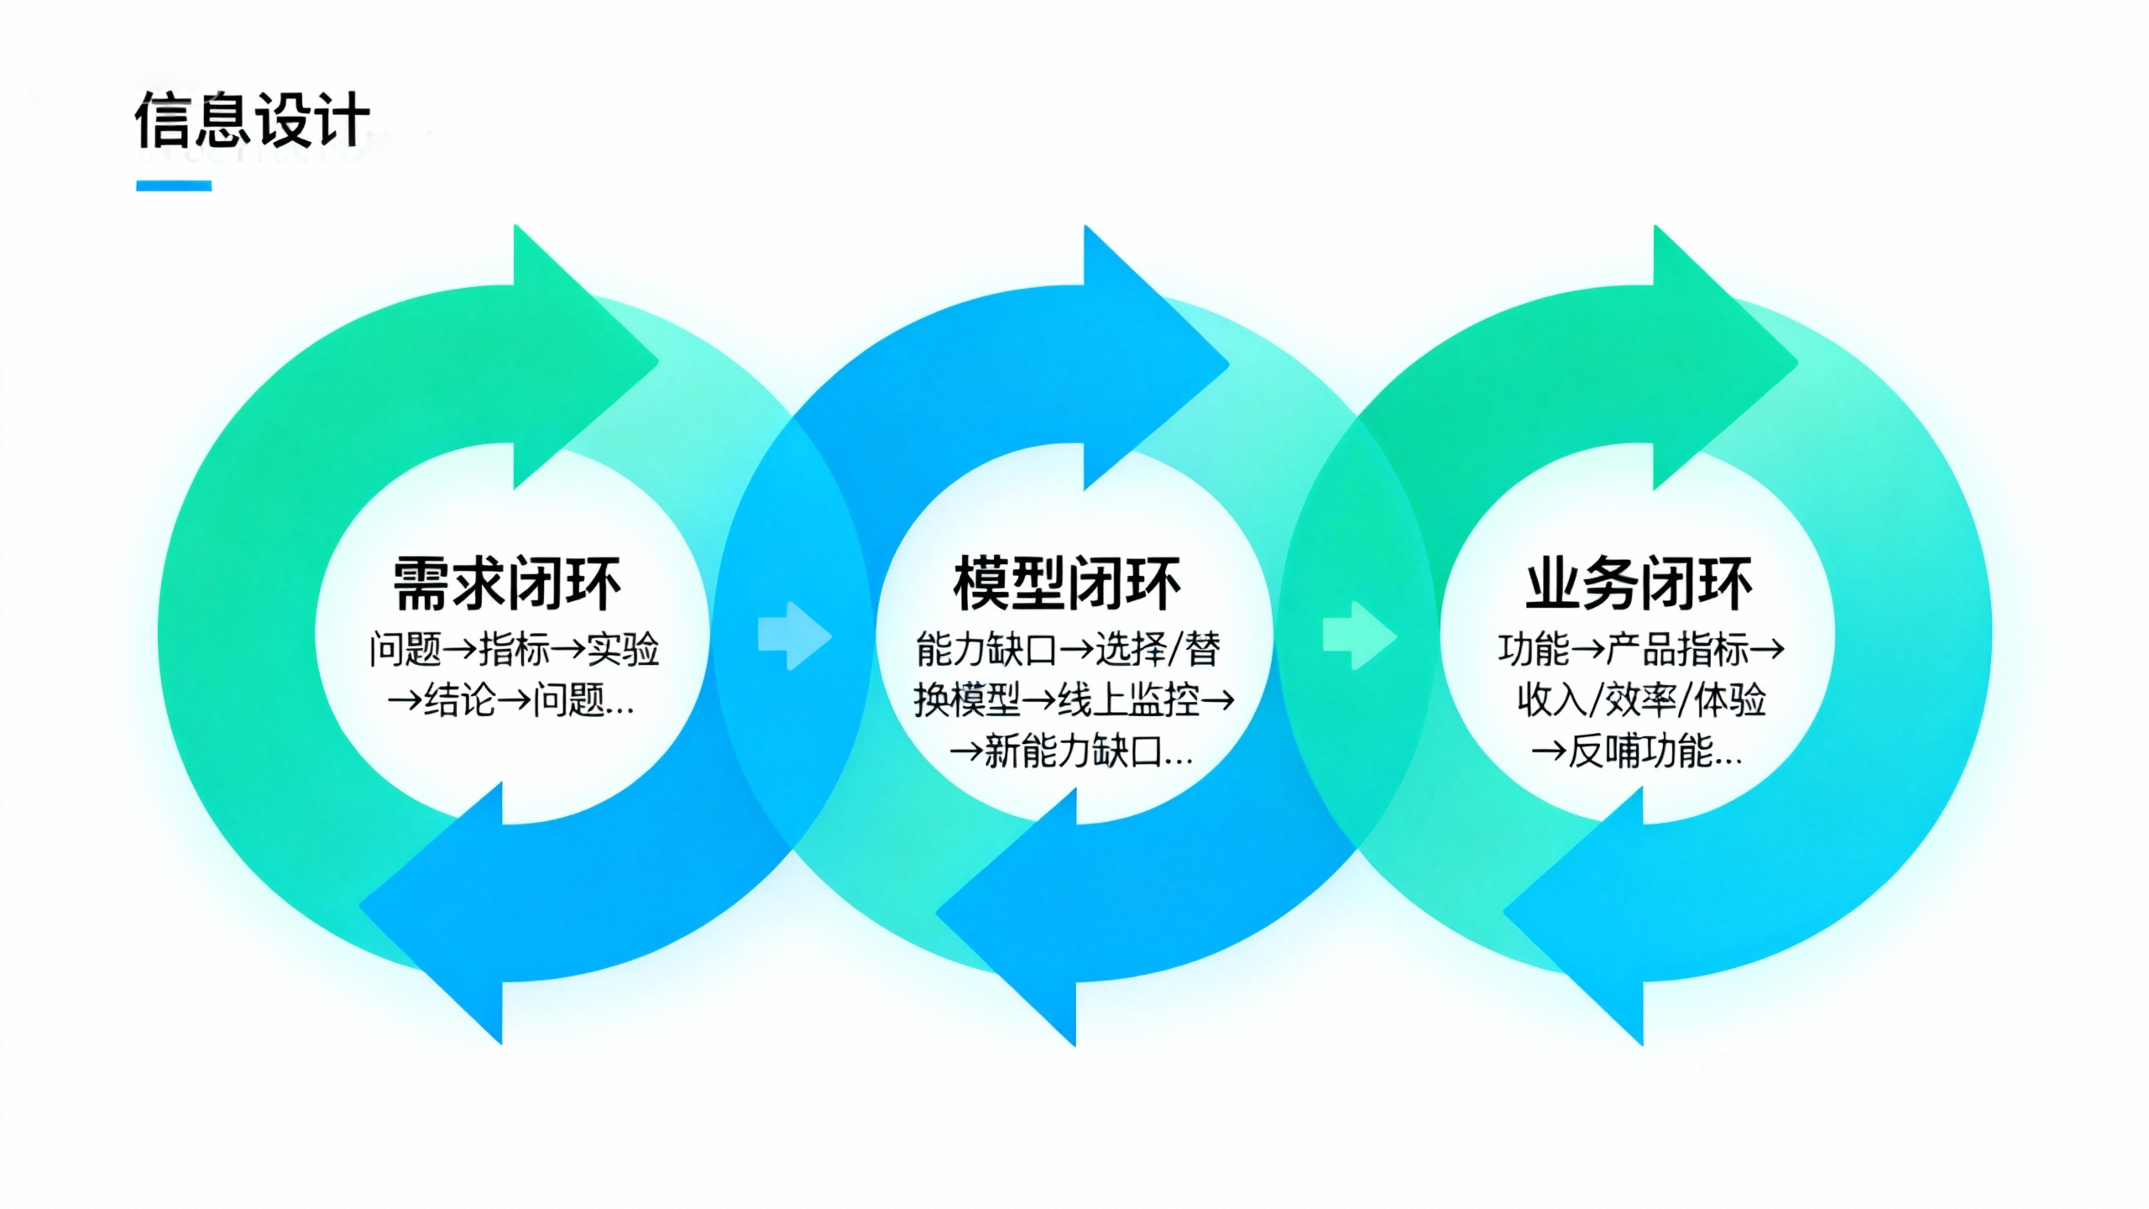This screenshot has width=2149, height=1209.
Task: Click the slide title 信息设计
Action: coord(252,120)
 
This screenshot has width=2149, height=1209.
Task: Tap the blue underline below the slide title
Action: coord(174,186)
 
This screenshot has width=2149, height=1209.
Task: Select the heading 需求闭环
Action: coord(507,584)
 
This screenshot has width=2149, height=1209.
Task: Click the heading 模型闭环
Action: coord(1067,584)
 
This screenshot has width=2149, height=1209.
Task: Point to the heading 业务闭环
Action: coord(1639,584)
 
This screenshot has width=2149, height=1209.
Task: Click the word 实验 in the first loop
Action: coord(623,649)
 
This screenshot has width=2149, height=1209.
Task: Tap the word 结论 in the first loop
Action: coord(460,699)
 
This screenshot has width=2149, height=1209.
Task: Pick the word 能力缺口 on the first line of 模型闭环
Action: coord(986,649)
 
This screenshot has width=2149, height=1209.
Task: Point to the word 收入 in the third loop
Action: coord(1551,699)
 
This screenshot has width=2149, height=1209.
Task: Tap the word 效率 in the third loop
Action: coord(1640,699)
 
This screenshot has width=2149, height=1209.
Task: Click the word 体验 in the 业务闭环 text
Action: coord(1730,699)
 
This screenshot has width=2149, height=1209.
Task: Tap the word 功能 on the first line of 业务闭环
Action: coord(1533,649)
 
